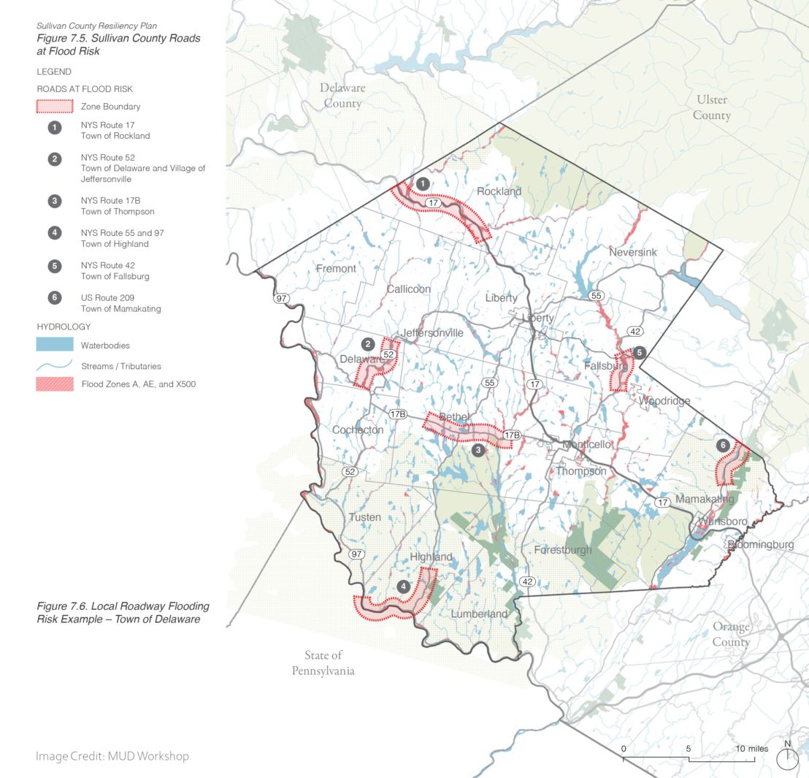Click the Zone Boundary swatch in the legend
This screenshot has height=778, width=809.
tap(55, 107)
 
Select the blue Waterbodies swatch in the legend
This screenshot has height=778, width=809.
tap(55, 345)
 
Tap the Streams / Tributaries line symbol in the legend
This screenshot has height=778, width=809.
tap(55, 365)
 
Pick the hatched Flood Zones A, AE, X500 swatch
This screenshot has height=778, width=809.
tap(55, 384)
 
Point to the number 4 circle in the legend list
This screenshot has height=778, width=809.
tap(55, 234)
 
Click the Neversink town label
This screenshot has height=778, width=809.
tap(632, 252)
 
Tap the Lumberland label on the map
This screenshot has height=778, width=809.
tap(478, 614)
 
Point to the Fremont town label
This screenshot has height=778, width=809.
tap(336, 269)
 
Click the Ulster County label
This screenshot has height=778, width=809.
tap(711, 107)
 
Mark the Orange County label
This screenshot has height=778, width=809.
tap(731, 635)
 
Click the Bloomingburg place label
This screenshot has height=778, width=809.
tap(760, 545)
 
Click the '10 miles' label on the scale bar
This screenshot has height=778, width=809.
tap(751, 749)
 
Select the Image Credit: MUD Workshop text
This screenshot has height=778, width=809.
tap(112, 756)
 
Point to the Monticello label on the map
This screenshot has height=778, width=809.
tap(586, 444)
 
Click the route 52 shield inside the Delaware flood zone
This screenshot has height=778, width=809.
tap(388, 354)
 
